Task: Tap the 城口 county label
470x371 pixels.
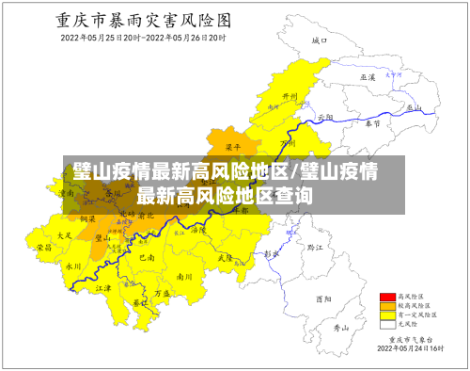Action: point(319,41)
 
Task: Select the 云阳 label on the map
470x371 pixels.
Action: point(326,117)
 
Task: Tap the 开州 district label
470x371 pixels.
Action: point(290,98)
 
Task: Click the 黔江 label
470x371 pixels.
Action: point(314,247)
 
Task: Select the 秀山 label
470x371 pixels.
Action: point(341,328)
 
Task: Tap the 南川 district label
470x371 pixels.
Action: point(184,277)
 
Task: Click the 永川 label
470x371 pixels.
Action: point(73,266)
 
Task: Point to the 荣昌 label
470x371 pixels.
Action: point(44,247)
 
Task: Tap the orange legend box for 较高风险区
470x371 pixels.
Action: point(386,306)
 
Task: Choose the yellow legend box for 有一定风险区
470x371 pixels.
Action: point(386,315)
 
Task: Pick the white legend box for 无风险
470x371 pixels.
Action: point(386,325)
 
